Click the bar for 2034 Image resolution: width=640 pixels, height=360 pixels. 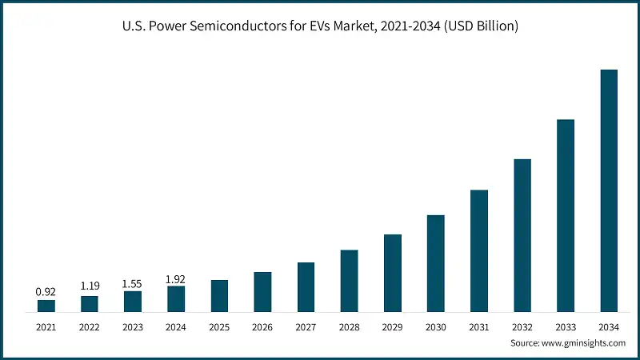tap(609, 190)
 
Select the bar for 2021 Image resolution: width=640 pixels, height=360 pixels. tap(46, 306)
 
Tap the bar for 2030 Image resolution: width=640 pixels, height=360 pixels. tap(436, 263)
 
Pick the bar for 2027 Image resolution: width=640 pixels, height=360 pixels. tap(306, 286)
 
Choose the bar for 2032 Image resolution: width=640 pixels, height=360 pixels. tap(522, 235)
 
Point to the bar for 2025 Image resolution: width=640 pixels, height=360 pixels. tap(219, 295)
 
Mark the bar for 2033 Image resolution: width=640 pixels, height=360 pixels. tap(566, 215)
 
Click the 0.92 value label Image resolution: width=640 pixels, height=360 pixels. tap(46, 292)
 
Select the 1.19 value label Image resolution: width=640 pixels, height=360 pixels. tap(90, 286)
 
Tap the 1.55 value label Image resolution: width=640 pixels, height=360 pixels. tap(133, 283)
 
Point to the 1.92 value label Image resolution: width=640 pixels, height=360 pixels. tap(176, 279)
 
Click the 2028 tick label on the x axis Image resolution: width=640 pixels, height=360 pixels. tap(349, 327)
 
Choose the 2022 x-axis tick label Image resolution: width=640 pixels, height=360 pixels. tap(90, 327)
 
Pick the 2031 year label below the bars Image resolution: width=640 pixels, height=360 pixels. tap(479, 327)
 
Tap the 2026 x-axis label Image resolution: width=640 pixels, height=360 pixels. tap(262, 327)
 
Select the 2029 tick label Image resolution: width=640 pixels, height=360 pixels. tap(393, 327)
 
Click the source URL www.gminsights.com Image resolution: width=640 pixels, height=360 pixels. tap(585, 342)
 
